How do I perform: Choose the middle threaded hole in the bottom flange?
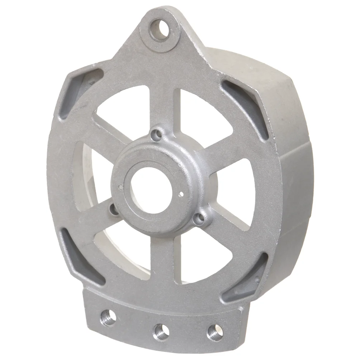tap(160, 331)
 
